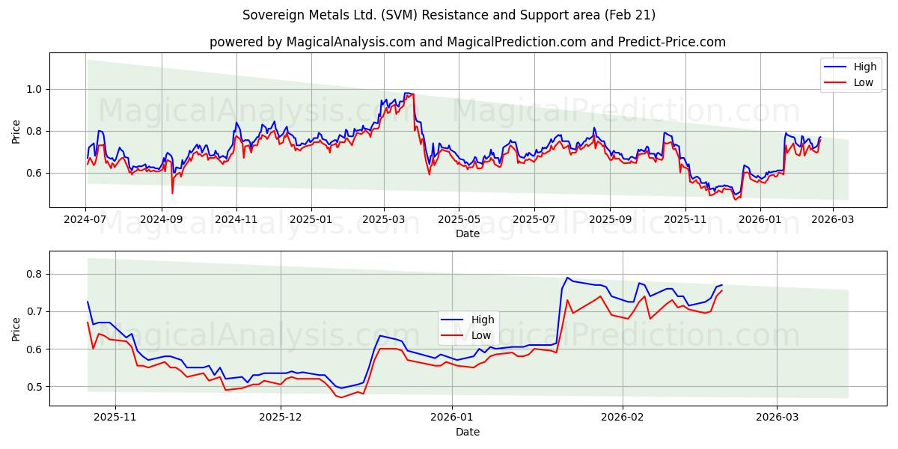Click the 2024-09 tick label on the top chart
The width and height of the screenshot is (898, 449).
[x=162, y=220]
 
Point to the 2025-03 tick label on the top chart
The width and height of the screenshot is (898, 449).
[x=384, y=220]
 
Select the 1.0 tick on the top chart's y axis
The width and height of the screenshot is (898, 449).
[x=34, y=89]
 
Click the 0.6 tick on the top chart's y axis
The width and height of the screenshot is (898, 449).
[x=34, y=173]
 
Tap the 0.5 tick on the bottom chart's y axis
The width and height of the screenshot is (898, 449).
[x=34, y=387]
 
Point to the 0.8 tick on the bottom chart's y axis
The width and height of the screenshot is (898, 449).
[x=34, y=274]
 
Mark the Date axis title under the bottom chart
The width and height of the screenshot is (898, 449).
[x=468, y=432]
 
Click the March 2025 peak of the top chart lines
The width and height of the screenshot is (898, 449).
[x=408, y=94]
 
